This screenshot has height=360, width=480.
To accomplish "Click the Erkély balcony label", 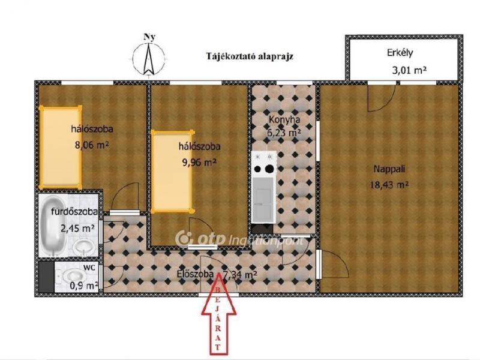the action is [400, 53].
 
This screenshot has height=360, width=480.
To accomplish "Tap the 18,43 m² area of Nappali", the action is [389, 185].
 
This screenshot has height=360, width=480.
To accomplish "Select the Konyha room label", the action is [284, 119].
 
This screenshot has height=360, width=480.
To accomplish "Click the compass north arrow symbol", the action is [149, 59].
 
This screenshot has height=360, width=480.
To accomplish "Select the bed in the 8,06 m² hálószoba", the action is [61, 147].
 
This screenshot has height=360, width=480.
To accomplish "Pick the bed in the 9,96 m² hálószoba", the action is [173, 171].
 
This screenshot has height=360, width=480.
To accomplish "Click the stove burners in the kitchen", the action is [264, 169].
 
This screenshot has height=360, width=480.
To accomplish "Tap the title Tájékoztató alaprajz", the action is [250, 56].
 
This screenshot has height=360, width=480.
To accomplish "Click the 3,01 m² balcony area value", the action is [409, 71].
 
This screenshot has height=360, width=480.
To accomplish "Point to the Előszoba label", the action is [195, 274].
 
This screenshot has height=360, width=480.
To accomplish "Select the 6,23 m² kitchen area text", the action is [284, 133].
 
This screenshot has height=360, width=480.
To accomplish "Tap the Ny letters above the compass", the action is [149, 37].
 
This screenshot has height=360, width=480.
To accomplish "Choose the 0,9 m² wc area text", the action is [84, 286].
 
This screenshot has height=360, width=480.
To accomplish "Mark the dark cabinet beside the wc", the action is [46, 277].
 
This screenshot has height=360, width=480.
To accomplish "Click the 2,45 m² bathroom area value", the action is [78, 228].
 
